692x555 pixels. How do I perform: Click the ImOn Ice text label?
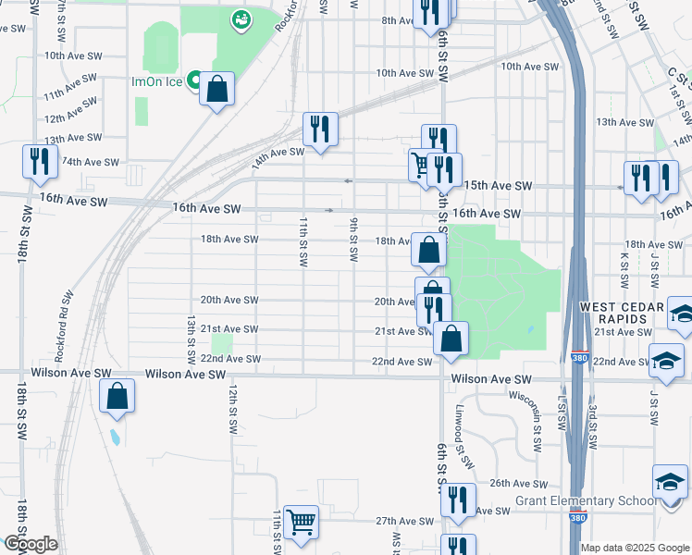pos(156,81)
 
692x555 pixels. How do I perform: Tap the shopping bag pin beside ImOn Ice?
pos(216,91)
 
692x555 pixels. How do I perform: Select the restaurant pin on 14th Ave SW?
pos(320,129)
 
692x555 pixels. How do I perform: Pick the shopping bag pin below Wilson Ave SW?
pos(117,396)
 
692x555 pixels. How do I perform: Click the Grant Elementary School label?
pos(586,501)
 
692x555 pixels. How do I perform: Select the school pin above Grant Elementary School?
pos(670,483)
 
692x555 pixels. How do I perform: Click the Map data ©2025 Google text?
pos(635,548)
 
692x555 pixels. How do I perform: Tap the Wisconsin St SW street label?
pos(536,420)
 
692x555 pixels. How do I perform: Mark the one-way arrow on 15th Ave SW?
pos(348,181)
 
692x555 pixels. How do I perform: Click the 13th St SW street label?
pos(191,339)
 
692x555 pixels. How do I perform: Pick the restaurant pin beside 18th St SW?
pos(39,162)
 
